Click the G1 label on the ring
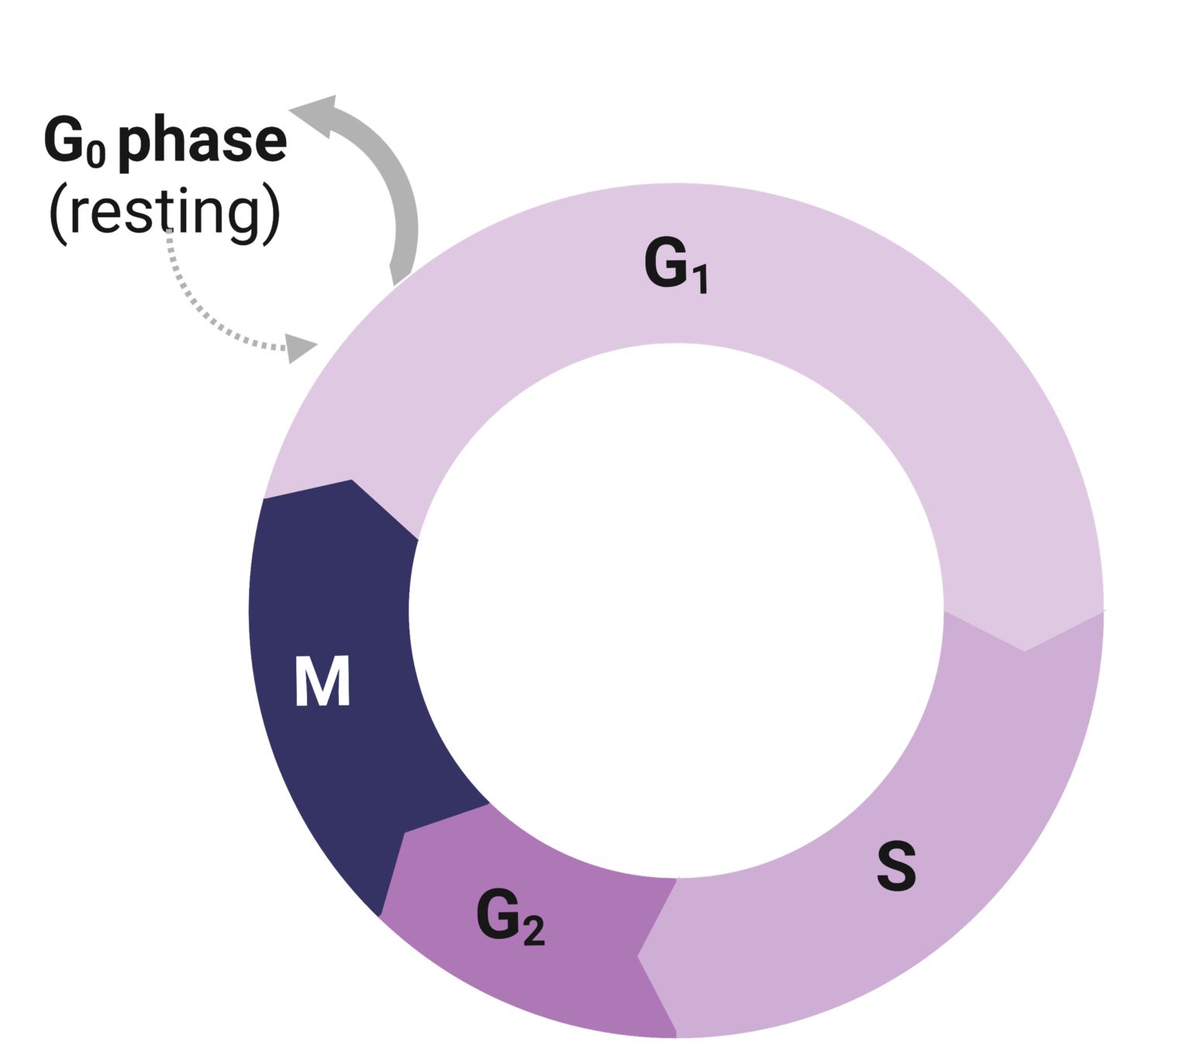(x=675, y=266)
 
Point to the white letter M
(x=323, y=682)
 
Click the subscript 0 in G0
(x=95, y=155)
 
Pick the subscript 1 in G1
(x=699, y=280)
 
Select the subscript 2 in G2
(x=533, y=931)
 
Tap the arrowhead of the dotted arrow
(x=301, y=348)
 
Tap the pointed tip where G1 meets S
(x=1024, y=651)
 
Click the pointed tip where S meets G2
(x=638, y=955)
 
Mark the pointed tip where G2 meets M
(x=403, y=833)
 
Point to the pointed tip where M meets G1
(x=352, y=480)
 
